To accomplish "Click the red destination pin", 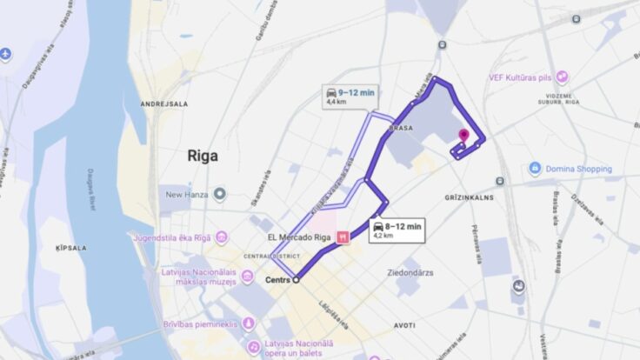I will click(463, 137).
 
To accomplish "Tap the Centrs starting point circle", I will click(296, 280).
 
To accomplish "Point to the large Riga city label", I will click(203, 157).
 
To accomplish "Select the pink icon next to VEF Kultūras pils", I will click(563, 77).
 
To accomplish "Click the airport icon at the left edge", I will click(6, 54).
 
